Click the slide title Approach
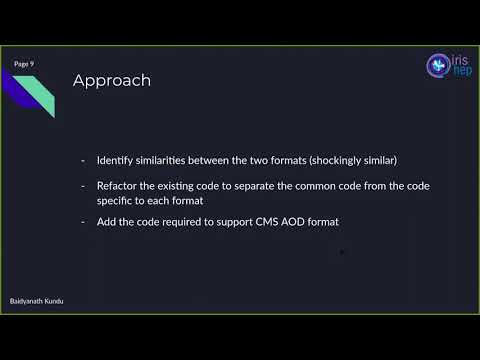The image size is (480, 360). [x=111, y=81]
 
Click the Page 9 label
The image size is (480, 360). [x=24, y=63]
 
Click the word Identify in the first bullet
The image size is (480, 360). [x=117, y=161]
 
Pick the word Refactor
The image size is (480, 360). [x=119, y=186]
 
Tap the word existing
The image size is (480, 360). [x=188, y=186]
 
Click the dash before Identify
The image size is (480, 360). [x=83, y=161]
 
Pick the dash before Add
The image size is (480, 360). [x=83, y=221]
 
